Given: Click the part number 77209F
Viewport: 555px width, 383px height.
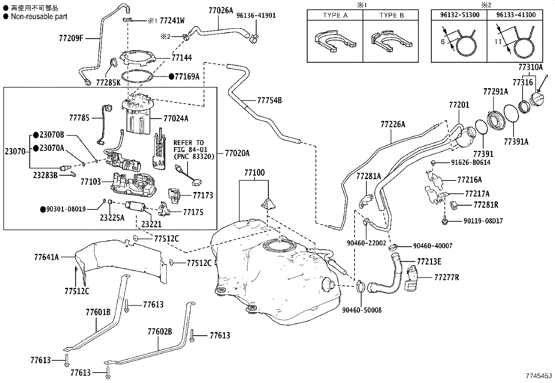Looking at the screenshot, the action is click(71, 38).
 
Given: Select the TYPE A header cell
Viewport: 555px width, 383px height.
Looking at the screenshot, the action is click(335, 15).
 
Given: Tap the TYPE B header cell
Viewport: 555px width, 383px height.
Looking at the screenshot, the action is click(391, 15).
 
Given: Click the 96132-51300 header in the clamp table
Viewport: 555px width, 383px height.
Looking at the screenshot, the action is click(459, 15).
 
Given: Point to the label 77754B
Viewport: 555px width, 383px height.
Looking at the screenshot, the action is click(269, 100).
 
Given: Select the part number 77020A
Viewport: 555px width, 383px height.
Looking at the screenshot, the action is click(237, 153).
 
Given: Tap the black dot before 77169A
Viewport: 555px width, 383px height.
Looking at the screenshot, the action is click(172, 77).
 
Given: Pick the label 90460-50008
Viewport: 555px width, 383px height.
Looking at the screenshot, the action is click(362, 310).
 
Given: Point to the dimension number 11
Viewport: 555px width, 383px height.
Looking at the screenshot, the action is click(498, 41).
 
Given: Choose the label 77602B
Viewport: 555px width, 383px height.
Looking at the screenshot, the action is click(160, 331).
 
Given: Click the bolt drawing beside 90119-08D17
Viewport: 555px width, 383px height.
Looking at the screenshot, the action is click(445, 221).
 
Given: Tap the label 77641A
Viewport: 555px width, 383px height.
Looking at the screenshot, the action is click(47, 257).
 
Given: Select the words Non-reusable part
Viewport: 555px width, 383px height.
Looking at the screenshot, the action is click(39, 17).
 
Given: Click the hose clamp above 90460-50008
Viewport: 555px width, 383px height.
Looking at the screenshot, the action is click(361, 286).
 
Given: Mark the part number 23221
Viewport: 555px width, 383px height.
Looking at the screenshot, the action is click(151, 224).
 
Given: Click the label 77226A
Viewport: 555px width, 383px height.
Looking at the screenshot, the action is click(393, 124).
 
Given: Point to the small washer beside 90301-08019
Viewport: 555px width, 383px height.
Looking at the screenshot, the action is click(104, 200).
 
